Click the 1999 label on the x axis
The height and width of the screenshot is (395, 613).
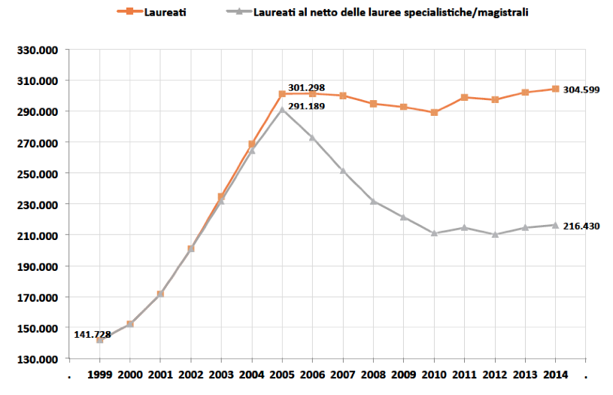99,374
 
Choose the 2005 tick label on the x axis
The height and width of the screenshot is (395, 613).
282,374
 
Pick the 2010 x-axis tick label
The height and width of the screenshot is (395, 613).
434,374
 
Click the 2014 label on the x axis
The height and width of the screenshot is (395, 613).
555,374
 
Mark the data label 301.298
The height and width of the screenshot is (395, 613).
306,88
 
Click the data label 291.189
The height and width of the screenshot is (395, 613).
306,106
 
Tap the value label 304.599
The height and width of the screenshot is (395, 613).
581,90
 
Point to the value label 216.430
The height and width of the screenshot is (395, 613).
581,226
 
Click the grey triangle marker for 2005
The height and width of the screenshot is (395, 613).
282,109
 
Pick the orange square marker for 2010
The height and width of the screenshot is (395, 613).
434,112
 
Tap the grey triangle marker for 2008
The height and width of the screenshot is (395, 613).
373,201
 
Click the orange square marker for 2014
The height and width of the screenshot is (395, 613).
555,89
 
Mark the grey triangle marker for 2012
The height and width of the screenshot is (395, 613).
494,234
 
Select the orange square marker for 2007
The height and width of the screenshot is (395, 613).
343,96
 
